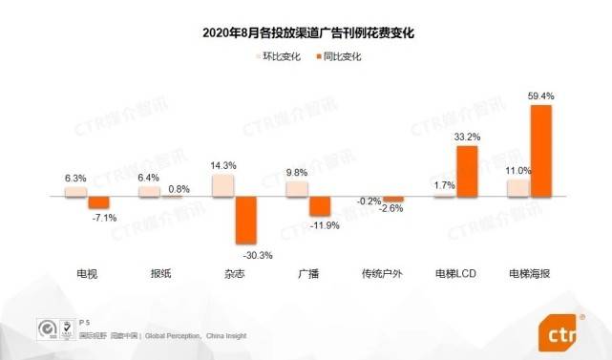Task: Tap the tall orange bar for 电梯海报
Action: [540, 151]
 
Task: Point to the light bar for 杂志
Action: [223, 185]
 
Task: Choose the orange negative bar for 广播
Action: [320, 206]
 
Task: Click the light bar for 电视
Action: [76, 191]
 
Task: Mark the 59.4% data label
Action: [540, 96]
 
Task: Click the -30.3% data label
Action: [246, 254]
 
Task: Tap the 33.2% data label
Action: [467, 138]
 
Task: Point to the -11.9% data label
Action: [321, 225]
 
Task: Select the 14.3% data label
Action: [223, 165]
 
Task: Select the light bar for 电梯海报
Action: [517, 188]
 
